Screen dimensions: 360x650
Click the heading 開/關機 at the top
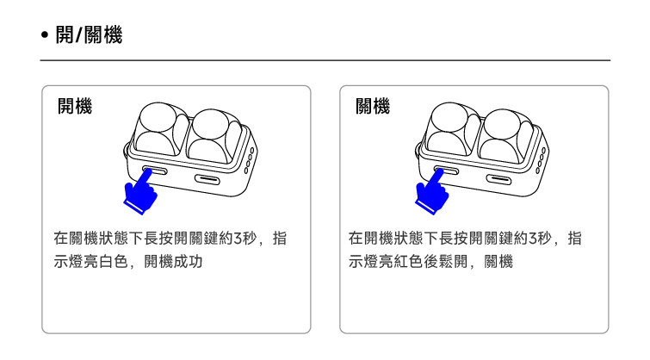click(x=89, y=35)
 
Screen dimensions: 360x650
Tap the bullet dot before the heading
click(x=45, y=36)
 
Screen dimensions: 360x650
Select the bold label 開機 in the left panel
click(x=75, y=107)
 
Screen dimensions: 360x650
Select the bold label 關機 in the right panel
click(x=372, y=107)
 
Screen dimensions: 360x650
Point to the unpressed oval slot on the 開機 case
click(x=208, y=179)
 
